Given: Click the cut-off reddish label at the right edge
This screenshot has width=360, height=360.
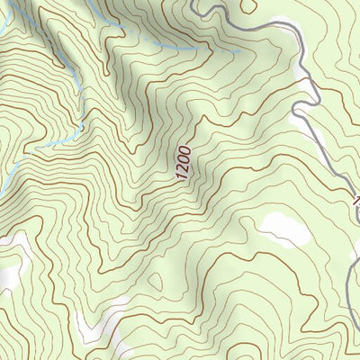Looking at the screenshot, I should [x=355, y=200].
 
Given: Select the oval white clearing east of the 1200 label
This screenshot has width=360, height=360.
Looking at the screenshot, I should [x=286, y=231].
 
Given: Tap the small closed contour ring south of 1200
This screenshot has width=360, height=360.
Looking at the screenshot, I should [x=154, y=282].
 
